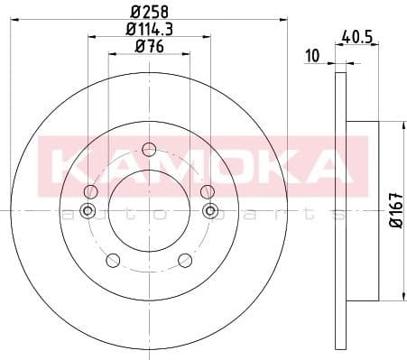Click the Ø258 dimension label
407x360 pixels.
pyautogui.click(x=150, y=13)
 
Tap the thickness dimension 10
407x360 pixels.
pyautogui.click(x=312, y=56)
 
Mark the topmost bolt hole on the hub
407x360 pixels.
pyautogui.click(x=150, y=150)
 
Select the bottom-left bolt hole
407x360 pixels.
pyautogui.click(x=113, y=261)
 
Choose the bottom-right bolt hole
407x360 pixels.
pyautogui.click(x=186, y=261)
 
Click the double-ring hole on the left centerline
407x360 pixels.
pyautogui.click(x=88, y=211)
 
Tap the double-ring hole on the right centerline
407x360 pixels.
pyautogui.click(x=211, y=211)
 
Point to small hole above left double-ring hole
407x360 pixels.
pyautogui.click(x=91, y=191)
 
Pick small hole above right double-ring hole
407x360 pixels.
pyautogui.click(x=207, y=190)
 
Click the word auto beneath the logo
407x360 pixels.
pyautogui.click(x=108, y=214)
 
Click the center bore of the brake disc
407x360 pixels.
pyautogui.click(x=150, y=211)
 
